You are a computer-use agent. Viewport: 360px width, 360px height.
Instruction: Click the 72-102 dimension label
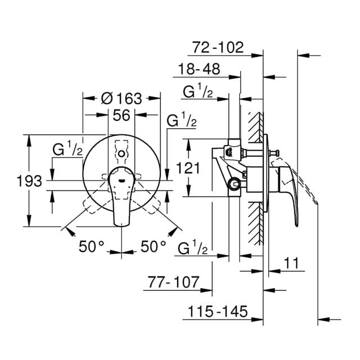click(x=218, y=47)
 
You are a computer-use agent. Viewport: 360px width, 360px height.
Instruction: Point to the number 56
click(x=122, y=115)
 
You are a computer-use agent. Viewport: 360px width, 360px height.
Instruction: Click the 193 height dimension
click(x=29, y=181)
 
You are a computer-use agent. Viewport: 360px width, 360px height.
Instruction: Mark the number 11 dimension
click(x=291, y=263)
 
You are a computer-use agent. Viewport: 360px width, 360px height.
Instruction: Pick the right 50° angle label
click(x=153, y=245)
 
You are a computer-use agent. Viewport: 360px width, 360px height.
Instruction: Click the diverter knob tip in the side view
click(x=277, y=152)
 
